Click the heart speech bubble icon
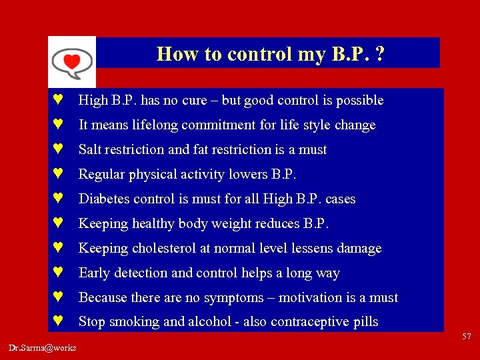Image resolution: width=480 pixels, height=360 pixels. pyautogui.click(x=71, y=62)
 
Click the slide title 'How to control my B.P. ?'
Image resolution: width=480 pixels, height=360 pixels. pyautogui.click(x=270, y=53)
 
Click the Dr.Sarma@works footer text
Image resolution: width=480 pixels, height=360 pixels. pyautogui.click(x=43, y=347)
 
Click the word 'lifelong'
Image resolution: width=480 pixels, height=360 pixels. pyautogui.click(x=152, y=125)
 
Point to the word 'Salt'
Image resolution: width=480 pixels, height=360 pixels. pyautogui.click(x=91, y=150)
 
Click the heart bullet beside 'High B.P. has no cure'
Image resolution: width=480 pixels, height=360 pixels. pyautogui.click(x=58, y=101)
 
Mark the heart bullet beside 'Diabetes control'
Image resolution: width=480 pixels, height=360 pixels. pyautogui.click(x=58, y=199)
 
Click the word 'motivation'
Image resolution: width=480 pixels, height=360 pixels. pyautogui.click(x=313, y=298)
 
